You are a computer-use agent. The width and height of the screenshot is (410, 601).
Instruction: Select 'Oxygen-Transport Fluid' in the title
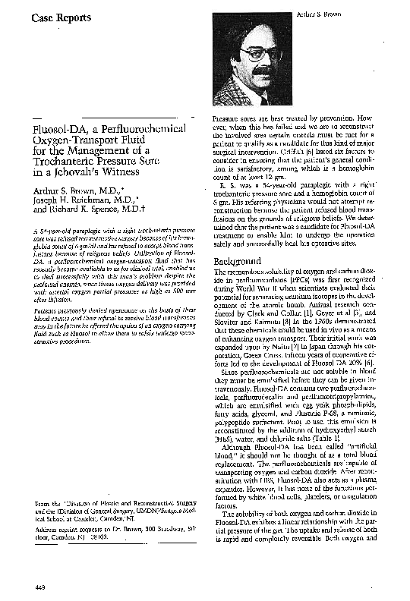click(x=84, y=137)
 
